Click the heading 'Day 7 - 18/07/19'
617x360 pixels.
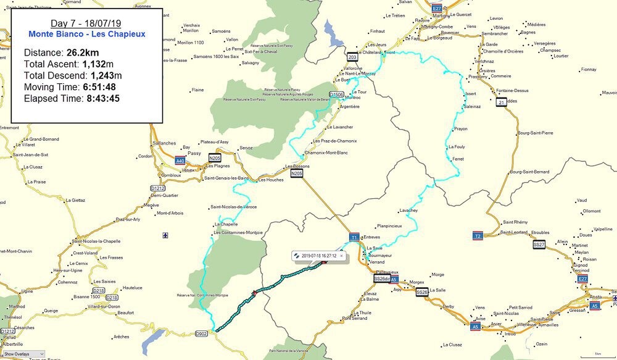(x=86, y=23)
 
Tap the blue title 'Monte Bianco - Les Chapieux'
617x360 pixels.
(x=86, y=34)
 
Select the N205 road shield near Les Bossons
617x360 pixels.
(x=297, y=174)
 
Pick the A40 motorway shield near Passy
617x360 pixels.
(x=180, y=161)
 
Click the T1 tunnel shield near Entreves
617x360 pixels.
(x=354, y=237)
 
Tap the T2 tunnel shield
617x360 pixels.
(x=478, y=236)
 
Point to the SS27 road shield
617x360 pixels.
(x=539, y=245)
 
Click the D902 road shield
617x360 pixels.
(x=201, y=334)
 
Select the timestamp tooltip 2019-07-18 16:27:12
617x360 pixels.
(x=318, y=255)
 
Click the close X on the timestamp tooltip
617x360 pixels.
(x=341, y=255)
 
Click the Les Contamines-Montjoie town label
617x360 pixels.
(x=238, y=233)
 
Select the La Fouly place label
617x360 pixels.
(x=457, y=147)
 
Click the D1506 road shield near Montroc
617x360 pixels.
(x=336, y=94)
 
